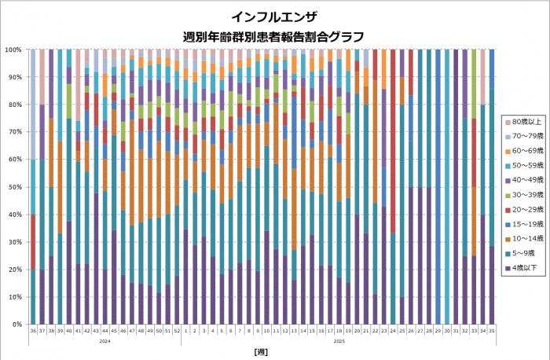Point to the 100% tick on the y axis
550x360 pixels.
[14, 50]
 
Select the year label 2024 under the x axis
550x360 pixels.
[104, 341]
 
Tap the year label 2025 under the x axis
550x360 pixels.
[338, 341]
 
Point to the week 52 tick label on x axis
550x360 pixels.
[176, 332]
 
